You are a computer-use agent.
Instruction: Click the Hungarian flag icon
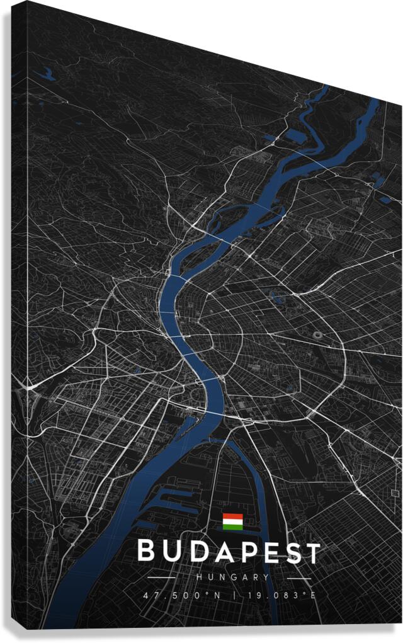click(x=232, y=521)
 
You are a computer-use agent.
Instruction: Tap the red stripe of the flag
click(x=232, y=516)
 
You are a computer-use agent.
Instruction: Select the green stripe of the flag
click(x=232, y=526)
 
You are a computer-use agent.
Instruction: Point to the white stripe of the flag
click(x=232, y=521)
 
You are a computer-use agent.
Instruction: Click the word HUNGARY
click(x=232, y=577)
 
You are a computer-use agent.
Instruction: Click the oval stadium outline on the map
click(x=318, y=335)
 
